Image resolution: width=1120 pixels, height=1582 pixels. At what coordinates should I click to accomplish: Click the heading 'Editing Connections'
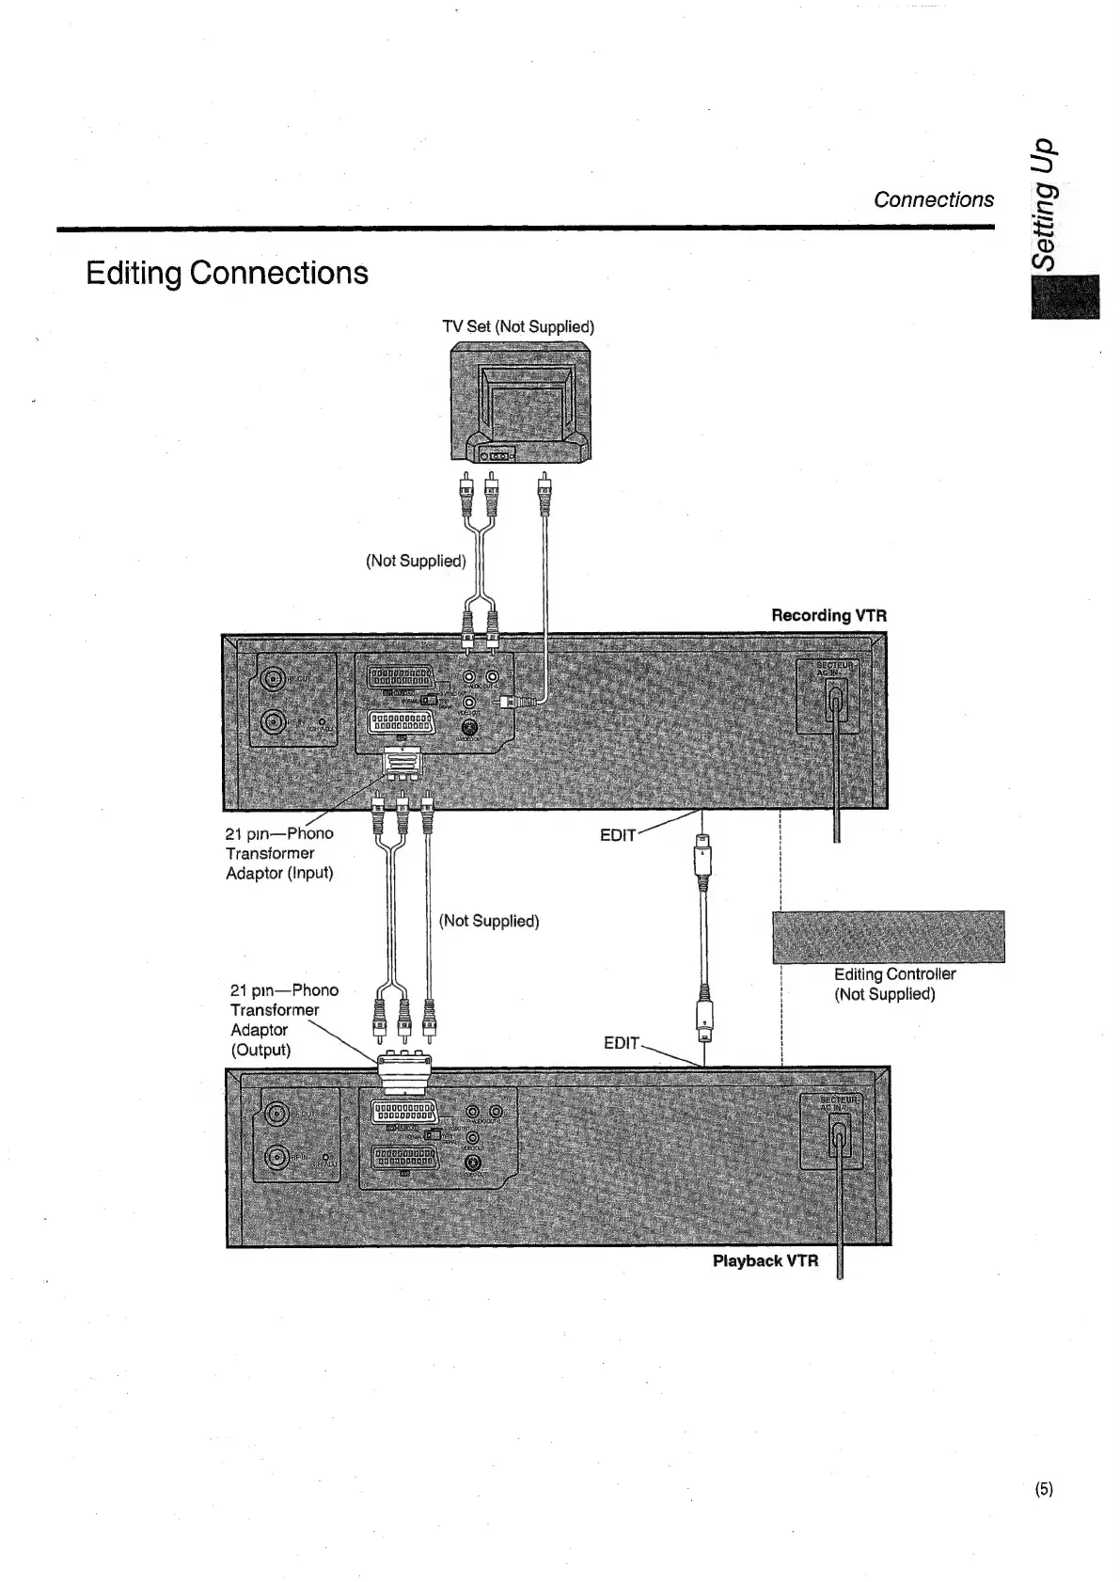coord(227,273)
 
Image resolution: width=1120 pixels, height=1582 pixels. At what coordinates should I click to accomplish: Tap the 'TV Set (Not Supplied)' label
coord(518,326)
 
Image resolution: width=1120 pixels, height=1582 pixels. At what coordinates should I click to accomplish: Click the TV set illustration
coord(521,404)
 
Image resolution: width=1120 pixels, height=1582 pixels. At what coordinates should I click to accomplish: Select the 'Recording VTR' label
coord(828,615)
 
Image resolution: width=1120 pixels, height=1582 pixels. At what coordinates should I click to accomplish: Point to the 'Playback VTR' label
coord(765,1260)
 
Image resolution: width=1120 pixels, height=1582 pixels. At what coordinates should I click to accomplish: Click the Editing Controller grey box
coord(888,937)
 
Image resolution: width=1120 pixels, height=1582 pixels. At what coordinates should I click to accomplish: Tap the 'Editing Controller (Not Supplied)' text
coord(893,984)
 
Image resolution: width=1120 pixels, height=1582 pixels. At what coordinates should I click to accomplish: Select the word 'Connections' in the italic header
coord(933,199)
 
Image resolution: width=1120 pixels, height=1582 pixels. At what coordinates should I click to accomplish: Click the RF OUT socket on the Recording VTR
coord(274,679)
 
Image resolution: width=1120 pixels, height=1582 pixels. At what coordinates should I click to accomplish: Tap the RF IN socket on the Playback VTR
coord(277,1156)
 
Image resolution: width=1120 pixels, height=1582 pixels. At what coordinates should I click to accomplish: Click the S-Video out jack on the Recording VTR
coord(470,726)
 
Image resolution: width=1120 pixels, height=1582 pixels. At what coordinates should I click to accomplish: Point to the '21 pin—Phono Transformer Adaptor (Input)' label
coord(279,853)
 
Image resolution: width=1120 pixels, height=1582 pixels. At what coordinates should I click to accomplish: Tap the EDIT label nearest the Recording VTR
coord(618,835)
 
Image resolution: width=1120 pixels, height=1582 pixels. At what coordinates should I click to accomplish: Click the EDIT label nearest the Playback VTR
coord(622,1043)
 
